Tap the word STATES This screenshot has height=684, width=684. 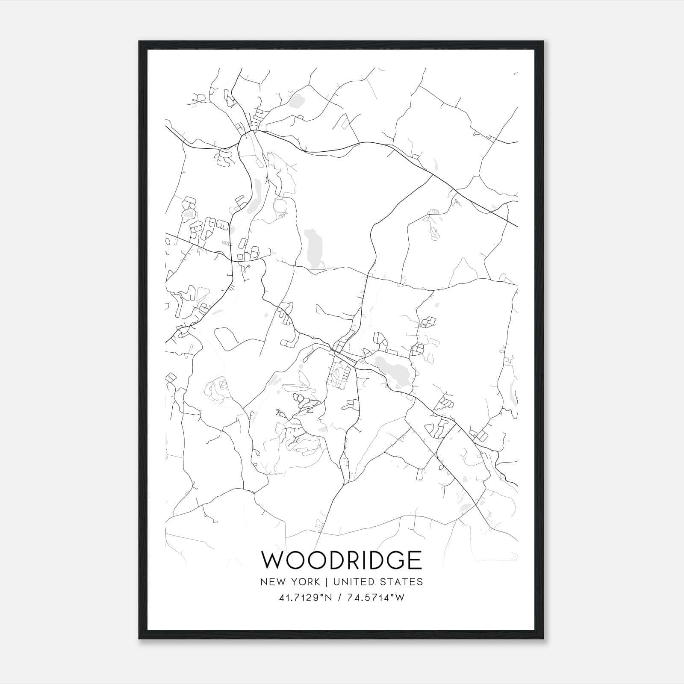(401, 582)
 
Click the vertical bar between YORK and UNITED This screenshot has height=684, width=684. (326, 582)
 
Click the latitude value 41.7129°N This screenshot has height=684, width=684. (305, 598)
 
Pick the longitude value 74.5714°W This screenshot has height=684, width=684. (376, 598)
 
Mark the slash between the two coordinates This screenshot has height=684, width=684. (340, 598)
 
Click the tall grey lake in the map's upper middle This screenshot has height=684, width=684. (313, 248)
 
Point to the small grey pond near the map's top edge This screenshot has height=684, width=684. (296, 101)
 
